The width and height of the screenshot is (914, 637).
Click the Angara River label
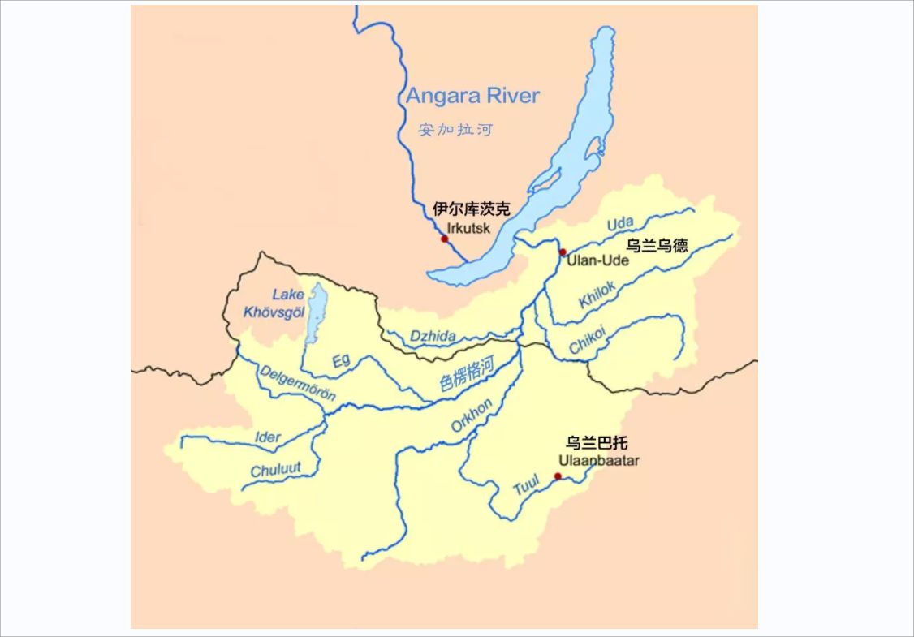click(x=472, y=96)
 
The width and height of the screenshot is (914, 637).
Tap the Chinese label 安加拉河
click(x=455, y=129)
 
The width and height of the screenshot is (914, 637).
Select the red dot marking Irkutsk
click(x=444, y=239)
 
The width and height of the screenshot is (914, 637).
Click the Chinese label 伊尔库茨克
click(x=472, y=209)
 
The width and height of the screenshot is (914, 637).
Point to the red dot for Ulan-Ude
click(x=563, y=252)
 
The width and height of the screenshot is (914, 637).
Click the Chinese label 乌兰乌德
click(x=657, y=245)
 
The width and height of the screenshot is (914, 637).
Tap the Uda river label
click(x=620, y=223)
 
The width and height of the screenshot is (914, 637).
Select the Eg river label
click(x=341, y=361)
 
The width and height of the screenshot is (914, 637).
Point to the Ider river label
click(x=268, y=438)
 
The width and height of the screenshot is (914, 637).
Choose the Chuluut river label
click(x=275, y=470)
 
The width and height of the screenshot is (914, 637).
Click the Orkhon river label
click(x=471, y=416)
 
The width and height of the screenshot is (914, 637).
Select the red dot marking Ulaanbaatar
click(x=558, y=476)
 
